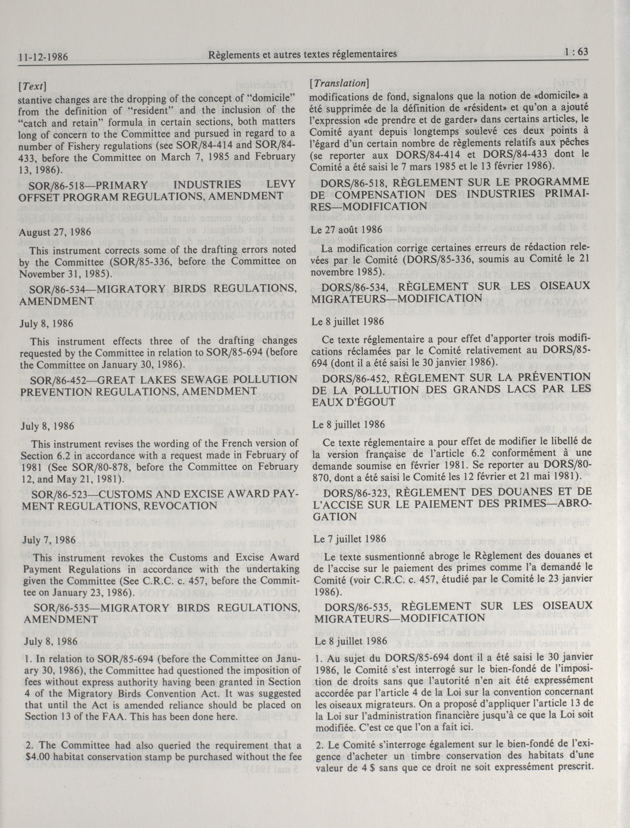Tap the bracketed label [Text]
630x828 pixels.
tap(32, 86)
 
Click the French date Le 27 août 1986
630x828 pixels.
tap(342, 229)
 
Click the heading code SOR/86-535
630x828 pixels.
tap(62, 608)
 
